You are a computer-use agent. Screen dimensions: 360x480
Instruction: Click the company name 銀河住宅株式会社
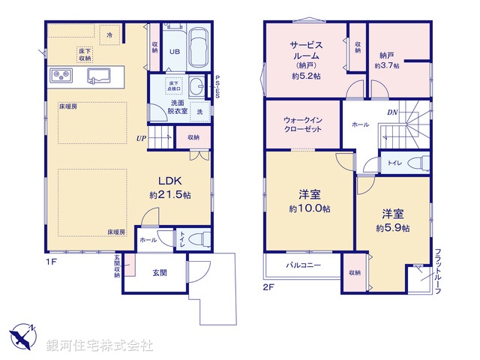pyautogui.click(x=100, y=346)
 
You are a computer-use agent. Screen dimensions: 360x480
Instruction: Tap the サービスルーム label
pyautogui.click(x=306, y=51)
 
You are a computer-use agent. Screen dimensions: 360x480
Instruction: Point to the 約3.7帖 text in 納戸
pyautogui.click(x=387, y=66)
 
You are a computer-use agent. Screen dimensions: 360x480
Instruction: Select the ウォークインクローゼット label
pyautogui.click(x=304, y=124)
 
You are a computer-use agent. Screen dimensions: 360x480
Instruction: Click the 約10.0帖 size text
pyautogui.click(x=309, y=209)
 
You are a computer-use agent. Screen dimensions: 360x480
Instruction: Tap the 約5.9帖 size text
pyautogui.click(x=393, y=226)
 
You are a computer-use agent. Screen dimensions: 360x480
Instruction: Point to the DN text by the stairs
pyautogui.click(x=391, y=112)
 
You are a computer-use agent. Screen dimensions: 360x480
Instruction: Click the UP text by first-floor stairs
pyautogui.click(x=141, y=138)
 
